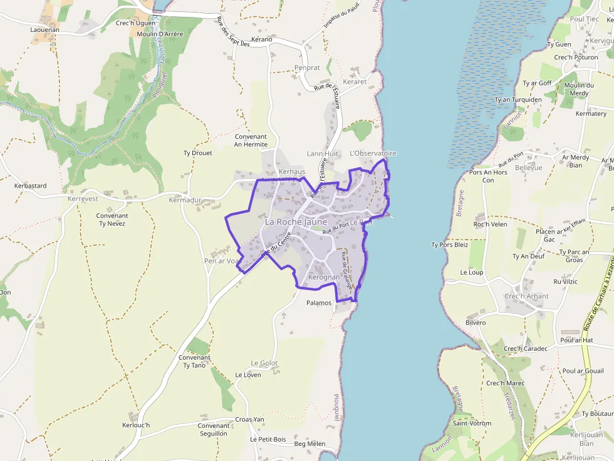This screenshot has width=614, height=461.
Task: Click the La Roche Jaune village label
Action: [x=296, y=222]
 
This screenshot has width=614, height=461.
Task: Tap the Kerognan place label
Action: [x=323, y=277]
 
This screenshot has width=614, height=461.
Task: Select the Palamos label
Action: [x=318, y=303]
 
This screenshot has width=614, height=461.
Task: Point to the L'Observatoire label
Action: [x=373, y=153]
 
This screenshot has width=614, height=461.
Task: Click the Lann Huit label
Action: [x=323, y=153]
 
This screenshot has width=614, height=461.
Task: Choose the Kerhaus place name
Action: [x=292, y=171]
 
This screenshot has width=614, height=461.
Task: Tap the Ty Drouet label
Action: [x=197, y=153]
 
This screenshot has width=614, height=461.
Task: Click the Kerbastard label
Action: [x=31, y=186]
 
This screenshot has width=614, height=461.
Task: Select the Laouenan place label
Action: [x=44, y=29]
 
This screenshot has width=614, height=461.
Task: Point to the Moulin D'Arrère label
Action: [x=159, y=34]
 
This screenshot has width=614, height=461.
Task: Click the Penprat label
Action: [x=307, y=68]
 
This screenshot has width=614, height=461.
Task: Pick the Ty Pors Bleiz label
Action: [x=449, y=245]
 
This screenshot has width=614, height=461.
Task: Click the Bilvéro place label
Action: [x=476, y=322]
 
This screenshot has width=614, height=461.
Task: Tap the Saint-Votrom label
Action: [x=472, y=423]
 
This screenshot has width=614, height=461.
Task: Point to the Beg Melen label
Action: [x=310, y=444]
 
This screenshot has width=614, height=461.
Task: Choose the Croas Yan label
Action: [x=249, y=420]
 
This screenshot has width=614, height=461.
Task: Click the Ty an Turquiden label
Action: [x=518, y=99]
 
